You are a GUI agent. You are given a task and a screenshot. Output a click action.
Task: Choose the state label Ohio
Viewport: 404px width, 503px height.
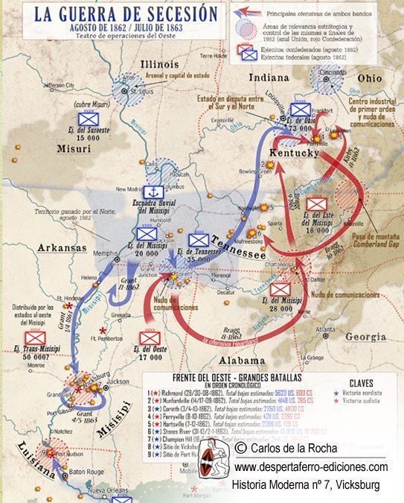click(368, 77)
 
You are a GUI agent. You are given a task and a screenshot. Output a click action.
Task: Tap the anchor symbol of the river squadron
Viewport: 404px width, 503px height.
click(153, 192)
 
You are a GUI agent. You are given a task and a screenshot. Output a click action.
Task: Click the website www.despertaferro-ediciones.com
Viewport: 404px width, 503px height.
click(310, 467)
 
